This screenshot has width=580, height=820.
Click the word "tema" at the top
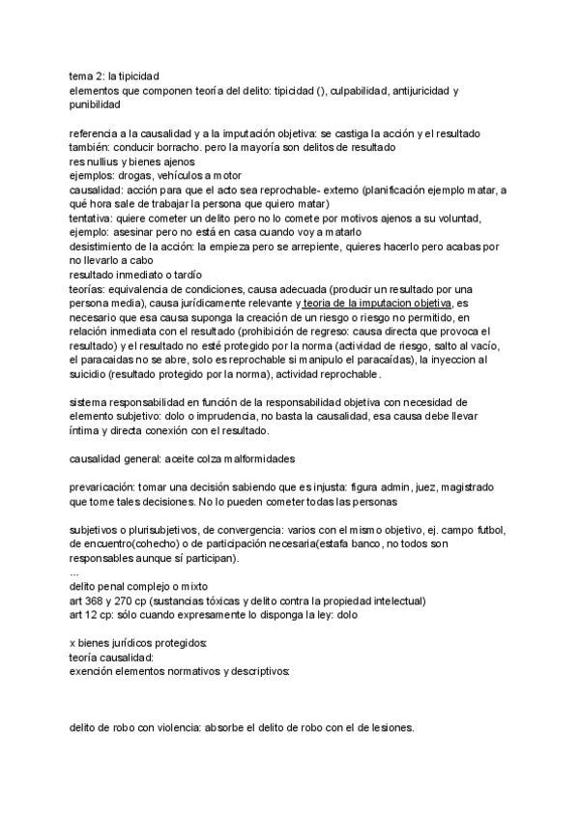pos(82,74)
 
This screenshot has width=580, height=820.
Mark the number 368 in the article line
pos(96,600)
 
